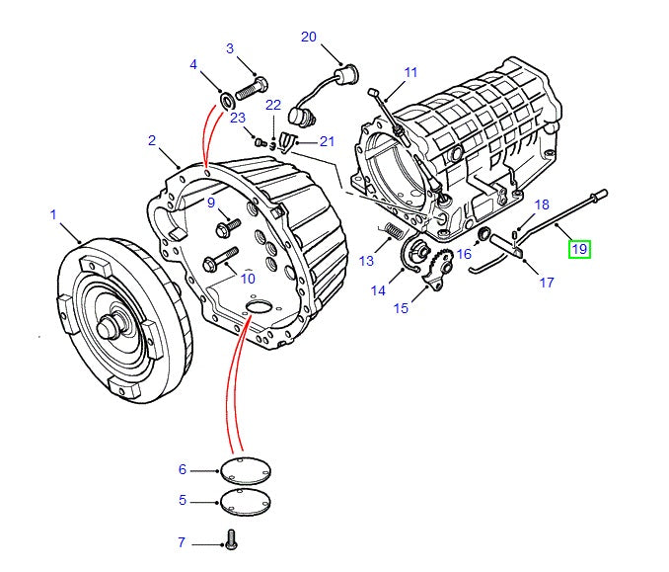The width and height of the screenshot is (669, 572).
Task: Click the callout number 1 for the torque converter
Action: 53,213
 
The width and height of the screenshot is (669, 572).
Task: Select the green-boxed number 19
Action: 579,249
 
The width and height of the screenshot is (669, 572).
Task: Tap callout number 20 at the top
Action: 309,37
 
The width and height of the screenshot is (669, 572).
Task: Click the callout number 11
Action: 410,72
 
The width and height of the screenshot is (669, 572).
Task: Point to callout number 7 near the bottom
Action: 182,542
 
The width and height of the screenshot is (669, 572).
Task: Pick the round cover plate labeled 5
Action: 243,501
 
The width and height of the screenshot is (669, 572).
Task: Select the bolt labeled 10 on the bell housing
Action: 215,263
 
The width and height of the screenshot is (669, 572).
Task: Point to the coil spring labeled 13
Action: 392,233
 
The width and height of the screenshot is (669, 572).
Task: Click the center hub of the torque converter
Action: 116,326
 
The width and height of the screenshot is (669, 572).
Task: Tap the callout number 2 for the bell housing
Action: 152,140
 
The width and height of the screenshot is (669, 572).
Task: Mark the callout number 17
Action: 546,281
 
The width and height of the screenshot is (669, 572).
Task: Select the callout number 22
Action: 273,105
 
